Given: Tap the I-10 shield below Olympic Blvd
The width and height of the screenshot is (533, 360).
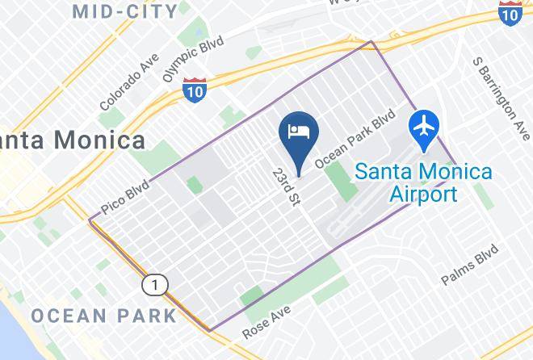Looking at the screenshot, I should coord(194,90).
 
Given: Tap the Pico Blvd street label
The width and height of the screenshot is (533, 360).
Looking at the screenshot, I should coord(126,198).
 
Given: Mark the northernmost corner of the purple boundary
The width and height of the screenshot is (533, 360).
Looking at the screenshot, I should coord(371,42).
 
